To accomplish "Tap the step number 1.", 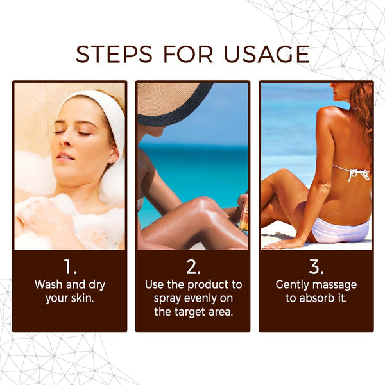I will coord(69,266).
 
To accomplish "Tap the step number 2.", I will coord(193,266).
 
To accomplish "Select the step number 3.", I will coord(316,266).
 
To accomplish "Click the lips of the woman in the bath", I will coord(64,155).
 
